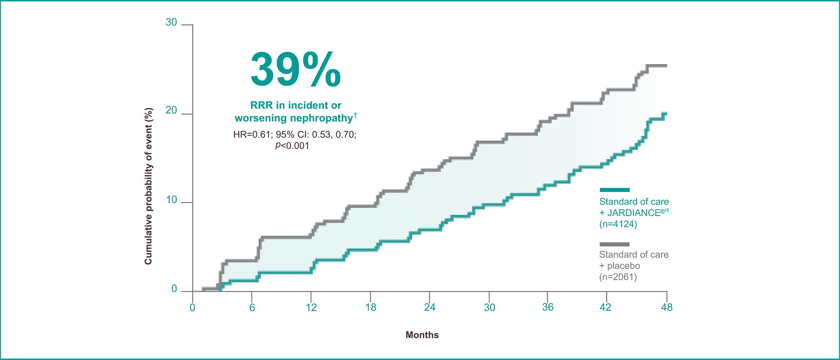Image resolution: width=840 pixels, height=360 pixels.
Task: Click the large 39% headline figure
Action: [296, 70]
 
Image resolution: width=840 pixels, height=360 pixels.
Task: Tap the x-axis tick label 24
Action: [430, 307]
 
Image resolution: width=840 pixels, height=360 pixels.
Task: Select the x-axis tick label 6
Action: [252, 307]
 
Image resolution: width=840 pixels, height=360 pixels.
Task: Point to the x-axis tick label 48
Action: [667, 307]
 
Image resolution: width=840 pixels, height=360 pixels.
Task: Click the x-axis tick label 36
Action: [548, 307]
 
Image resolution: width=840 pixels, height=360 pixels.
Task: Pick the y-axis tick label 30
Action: [171, 22]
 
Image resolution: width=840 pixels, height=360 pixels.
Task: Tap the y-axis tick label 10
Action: [171, 200]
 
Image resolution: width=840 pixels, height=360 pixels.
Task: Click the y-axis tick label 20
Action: [171, 110]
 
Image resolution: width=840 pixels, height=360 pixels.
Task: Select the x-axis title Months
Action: [422, 335]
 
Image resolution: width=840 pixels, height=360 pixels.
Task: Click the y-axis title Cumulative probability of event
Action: [148, 186]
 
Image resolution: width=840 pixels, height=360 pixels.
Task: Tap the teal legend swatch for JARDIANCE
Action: [614, 190]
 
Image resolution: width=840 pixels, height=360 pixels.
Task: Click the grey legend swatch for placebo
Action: [614, 244]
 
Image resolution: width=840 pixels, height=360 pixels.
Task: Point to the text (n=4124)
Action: [618, 224]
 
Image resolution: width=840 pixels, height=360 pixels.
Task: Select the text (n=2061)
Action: [618, 277]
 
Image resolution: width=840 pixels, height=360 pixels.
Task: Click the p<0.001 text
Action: [292, 145]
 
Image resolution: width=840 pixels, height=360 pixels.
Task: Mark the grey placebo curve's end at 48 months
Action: [666, 66]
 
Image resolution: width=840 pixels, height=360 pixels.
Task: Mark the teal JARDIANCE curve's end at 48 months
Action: [666, 113]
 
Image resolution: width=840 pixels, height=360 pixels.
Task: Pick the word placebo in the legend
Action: [623, 266]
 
